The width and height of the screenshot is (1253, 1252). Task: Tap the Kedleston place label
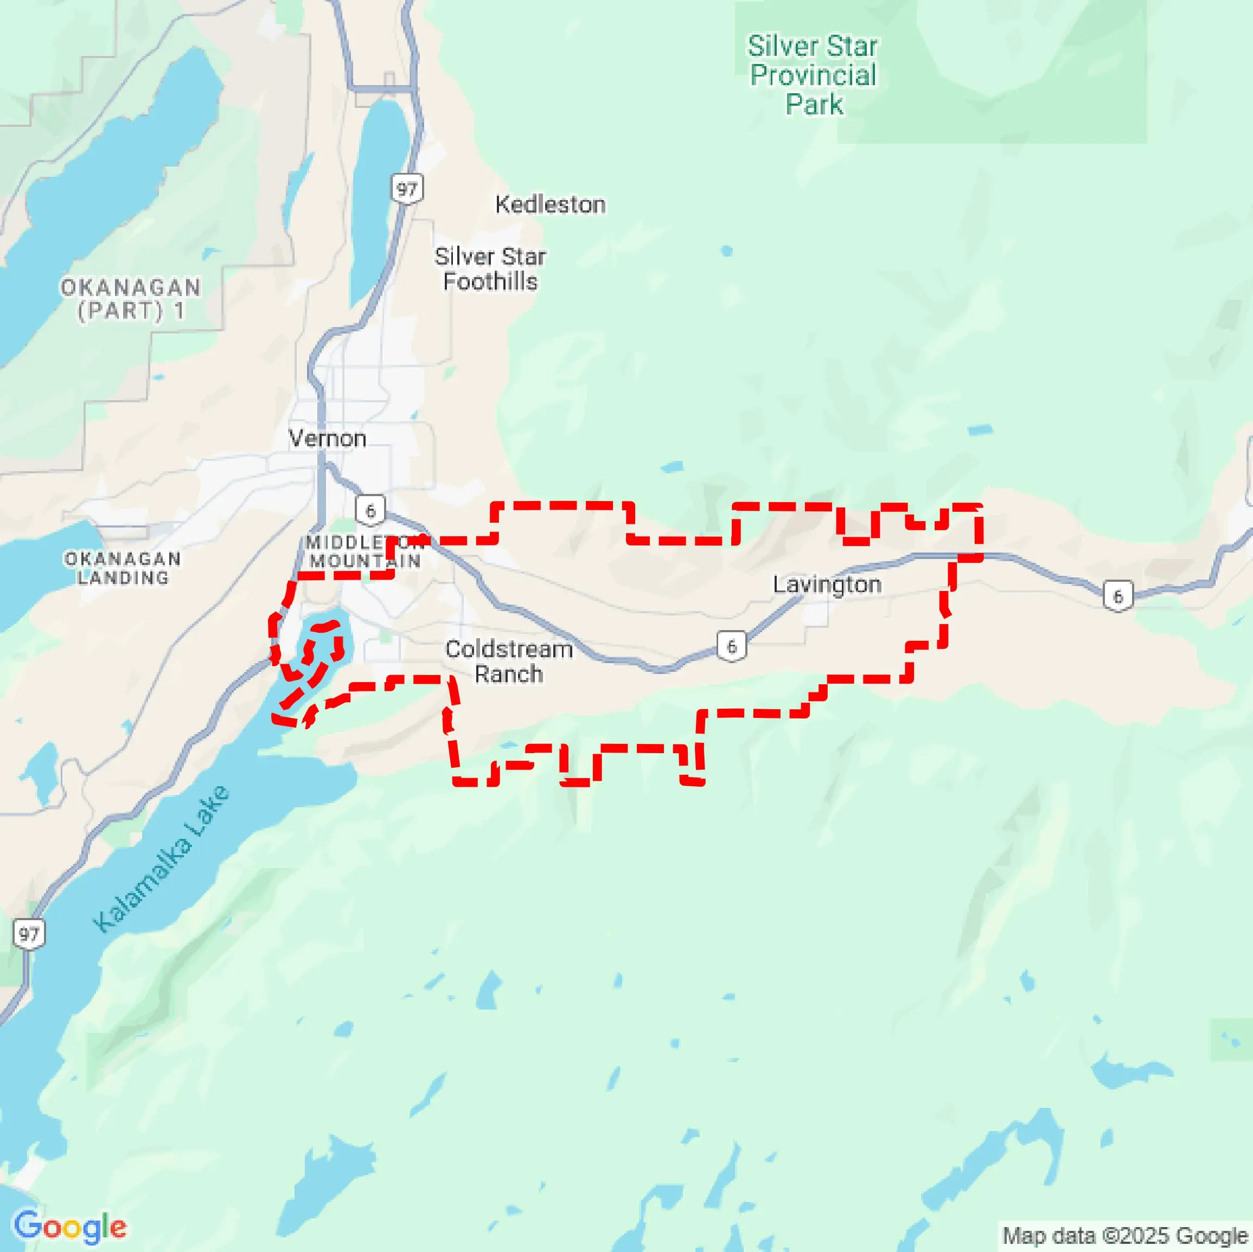point(550,205)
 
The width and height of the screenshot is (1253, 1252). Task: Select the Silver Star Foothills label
point(490,269)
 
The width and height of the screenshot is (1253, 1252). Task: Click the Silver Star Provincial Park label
point(813,75)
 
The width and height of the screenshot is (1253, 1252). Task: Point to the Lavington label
point(827,585)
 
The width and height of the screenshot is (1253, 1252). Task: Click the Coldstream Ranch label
point(509,662)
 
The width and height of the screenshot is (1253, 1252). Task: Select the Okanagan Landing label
point(123,568)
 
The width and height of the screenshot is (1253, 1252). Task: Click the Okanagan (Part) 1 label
point(131,299)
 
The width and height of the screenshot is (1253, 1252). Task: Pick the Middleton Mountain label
point(365,552)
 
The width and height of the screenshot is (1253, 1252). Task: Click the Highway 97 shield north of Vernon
point(407,189)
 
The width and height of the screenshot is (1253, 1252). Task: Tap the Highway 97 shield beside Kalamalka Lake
point(29,934)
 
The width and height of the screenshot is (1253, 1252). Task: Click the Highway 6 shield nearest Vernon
point(370,510)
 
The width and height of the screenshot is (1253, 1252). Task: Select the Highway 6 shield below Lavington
point(732,646)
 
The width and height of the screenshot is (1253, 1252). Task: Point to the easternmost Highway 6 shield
point(1118,596)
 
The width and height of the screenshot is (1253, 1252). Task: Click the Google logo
point(70,1227)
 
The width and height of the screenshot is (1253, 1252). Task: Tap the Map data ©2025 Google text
point(1125,1235)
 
